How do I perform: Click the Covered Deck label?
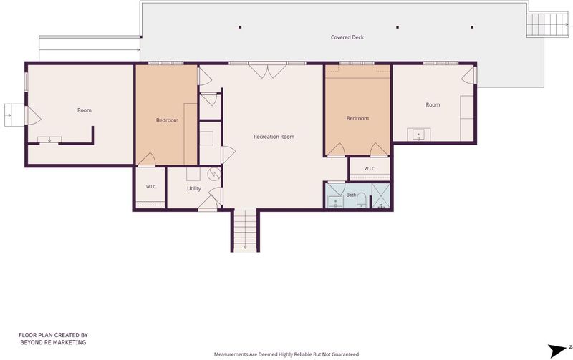pos(347,37)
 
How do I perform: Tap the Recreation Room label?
pos(274,137)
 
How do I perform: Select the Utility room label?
pos(193,188)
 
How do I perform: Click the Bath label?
pos(351,195)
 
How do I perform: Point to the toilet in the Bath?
pos(362,200)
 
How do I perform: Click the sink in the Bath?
pos(335,202)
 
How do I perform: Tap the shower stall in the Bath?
pos(381,196)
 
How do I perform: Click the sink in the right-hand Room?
pos(419,135)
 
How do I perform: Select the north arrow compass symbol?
pos(559,350)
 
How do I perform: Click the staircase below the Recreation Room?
pos(245,230)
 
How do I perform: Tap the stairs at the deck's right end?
pos(548,25)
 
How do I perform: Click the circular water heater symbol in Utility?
pos(213,174)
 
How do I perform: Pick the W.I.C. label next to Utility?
pos(151,187)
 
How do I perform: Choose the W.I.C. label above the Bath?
pos(370,169)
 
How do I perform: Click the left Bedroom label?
pos(167,120)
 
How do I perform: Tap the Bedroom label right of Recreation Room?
pos(357,118)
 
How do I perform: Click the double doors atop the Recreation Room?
pos(267,70)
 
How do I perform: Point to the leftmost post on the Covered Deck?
pos(240,27)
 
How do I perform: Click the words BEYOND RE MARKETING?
pos(53,343)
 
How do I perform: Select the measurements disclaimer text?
pos(286,354)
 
